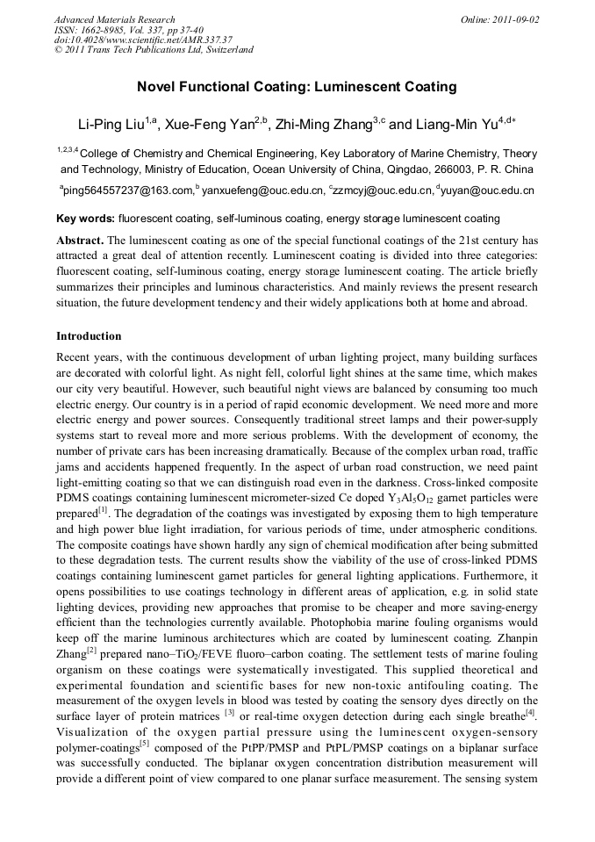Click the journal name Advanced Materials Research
[115, 19]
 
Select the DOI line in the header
[143, 40]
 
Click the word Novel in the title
[156, 87]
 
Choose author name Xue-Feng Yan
[211, 125]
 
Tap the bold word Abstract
[81, 240]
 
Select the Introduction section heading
[89, 336]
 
